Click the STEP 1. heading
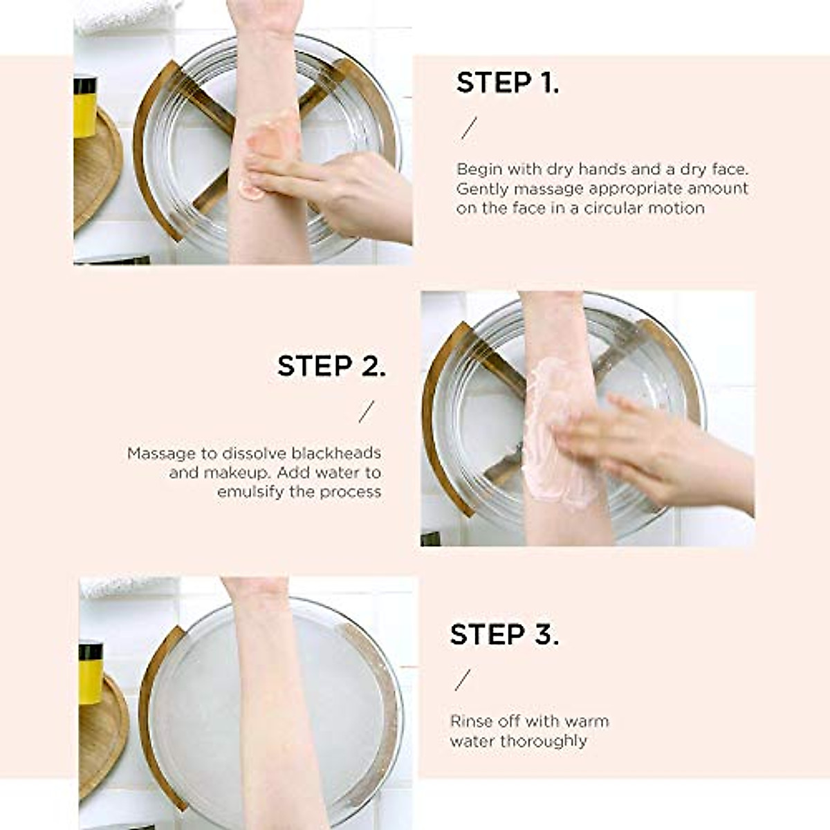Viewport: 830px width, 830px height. (508, 82)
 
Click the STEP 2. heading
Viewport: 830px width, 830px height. (331, 366)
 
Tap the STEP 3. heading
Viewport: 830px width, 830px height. (504, 634)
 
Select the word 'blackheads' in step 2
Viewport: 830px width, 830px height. (336, 453)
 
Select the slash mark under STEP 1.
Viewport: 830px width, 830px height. (469, 128)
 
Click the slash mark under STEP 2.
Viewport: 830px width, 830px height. (367, 412)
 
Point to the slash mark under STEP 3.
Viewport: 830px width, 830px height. (463, 680)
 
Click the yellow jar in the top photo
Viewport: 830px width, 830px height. (85, 108)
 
